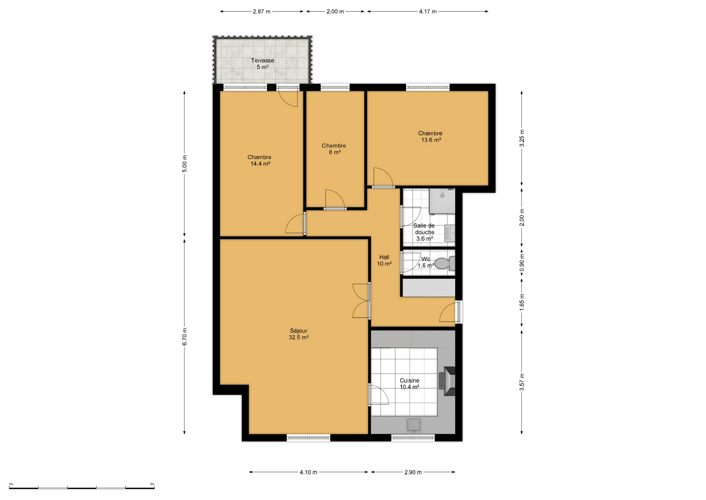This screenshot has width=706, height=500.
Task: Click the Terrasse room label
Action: tap(263, 64)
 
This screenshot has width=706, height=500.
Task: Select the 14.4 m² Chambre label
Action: tap(260, 160)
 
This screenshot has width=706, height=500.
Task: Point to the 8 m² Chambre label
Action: tap(334, 149)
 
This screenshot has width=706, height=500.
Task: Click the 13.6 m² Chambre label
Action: tap(430, 136)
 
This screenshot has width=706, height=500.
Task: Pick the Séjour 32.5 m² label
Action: tap(299, 334)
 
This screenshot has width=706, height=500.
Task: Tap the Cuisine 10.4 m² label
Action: tap(409, 384)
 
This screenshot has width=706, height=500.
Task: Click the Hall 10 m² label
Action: tap(384, 260)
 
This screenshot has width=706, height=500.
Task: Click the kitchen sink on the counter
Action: tap(414, 425)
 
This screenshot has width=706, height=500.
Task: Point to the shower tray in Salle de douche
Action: tap(442, 201)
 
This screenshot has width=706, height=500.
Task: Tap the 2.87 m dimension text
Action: tap(262, 11)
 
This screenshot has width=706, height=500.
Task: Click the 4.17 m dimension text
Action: tap(428, 11)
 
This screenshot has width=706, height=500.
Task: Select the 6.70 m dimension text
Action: tap(185, 337)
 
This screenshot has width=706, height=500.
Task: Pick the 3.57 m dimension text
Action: tap(522, 382)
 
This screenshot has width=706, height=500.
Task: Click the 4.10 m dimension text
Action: tap(308, 472)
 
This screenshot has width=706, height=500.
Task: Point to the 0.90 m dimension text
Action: tap(522, 263)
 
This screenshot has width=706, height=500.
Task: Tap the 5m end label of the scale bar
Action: tap(152, 484)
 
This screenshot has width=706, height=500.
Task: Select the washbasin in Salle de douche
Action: tap(450, 233)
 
